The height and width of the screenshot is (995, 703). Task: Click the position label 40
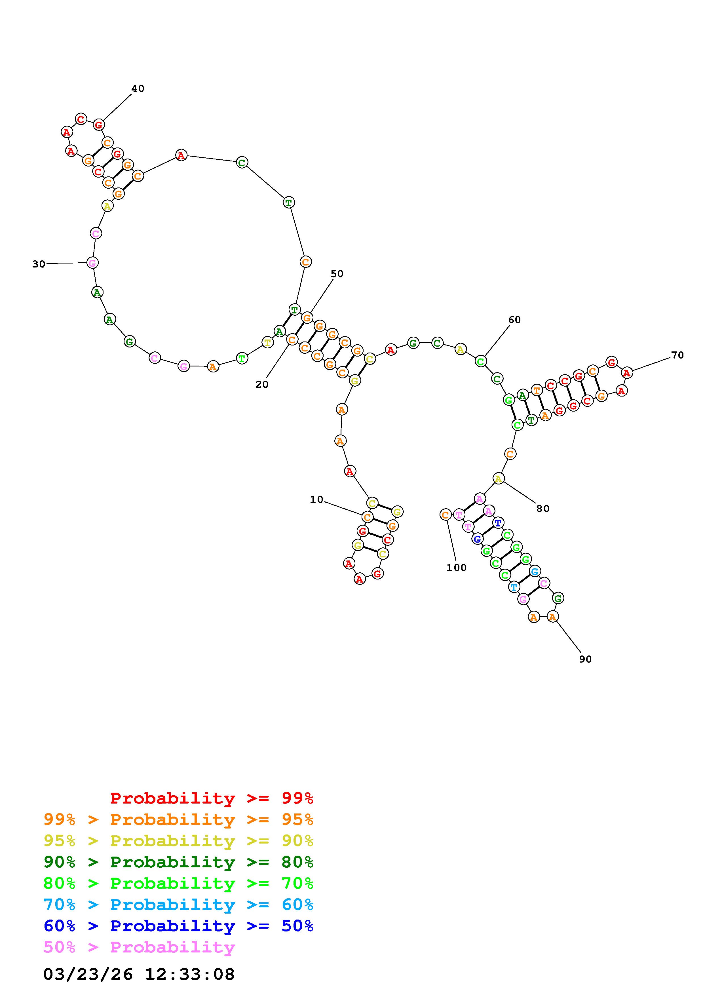(138, 88)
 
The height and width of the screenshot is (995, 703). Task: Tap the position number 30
(39, 264)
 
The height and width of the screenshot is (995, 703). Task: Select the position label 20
(262, 384)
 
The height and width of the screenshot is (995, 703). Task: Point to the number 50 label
(337, 274)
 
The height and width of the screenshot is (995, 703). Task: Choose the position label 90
(585, 659)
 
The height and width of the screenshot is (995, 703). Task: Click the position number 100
(457, 568)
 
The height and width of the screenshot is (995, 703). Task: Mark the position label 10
(317, 500)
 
